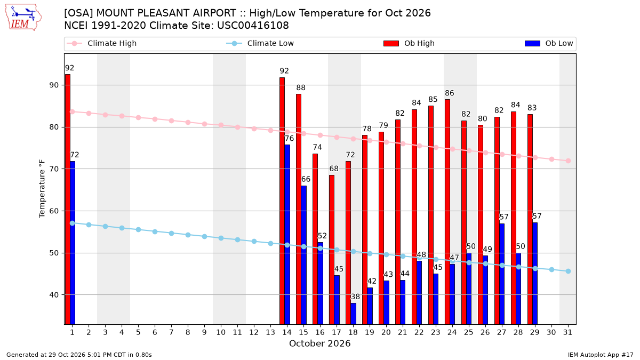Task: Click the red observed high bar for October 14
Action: pyautogui.click(x=282, y=201)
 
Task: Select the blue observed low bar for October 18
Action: pyautogui.click(x=354, y=314)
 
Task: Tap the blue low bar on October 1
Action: pyautogui.click(x=73, y=243)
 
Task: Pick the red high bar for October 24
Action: pyautogui.click(x=447, y=212)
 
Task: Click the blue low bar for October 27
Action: pyautogui.click(x=502, y=274)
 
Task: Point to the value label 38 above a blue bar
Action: pyautogui.click(x=355, y=297)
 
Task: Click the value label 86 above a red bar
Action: pyautogui.click(x=450, y=93)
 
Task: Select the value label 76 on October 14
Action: pyautogui.click(x=289, y=138)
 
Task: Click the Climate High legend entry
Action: pyautogui.click(x=101, y=43)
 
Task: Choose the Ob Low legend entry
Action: pyautogui.click(x=549, y=43)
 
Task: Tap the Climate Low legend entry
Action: pyautogui.click(x=260, y=43)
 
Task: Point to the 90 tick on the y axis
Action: pyautogui.click(x=54, y=85)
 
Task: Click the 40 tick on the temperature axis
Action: pyautogui.click(x=54, y=295)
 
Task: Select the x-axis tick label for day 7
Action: pyautogui.click(x=171, y=332)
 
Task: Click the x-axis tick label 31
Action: pyautogui.click(x=567, y=332)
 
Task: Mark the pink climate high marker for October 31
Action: pyautogui.click(x=568, y=161)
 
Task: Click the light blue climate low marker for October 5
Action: pyautogui.click(x=138, y=230)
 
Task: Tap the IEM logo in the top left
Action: pyautogui.click(x=23, y=18)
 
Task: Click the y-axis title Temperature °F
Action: pyautogui.click(x=42, y=189)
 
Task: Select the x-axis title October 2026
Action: pyautogui.click(x=319, y=343)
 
